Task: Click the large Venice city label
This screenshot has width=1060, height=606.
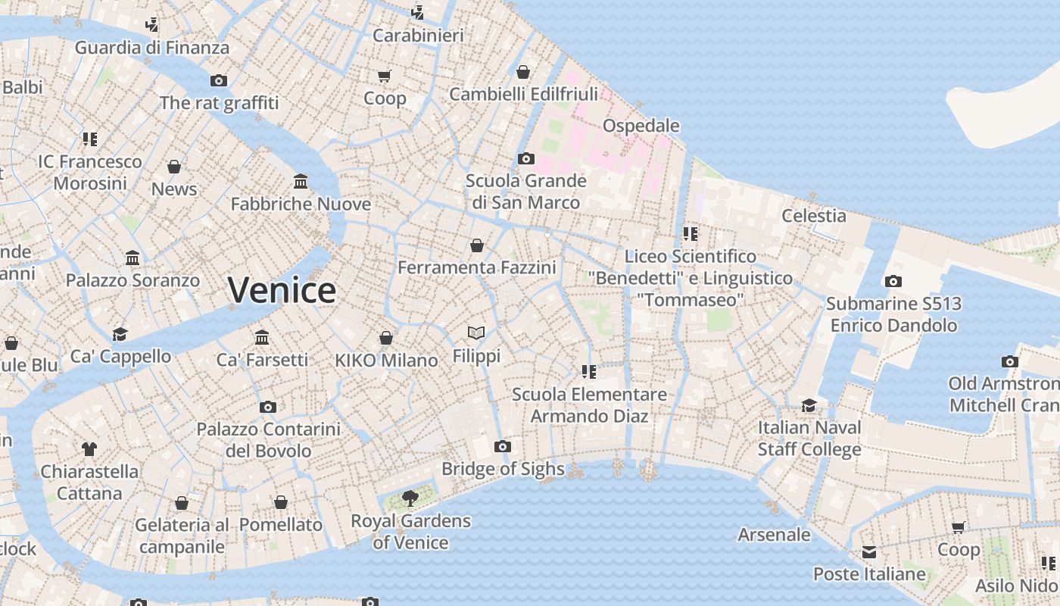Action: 282,290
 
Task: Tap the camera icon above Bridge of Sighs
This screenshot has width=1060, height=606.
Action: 502,446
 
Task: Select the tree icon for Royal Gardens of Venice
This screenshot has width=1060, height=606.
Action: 410,498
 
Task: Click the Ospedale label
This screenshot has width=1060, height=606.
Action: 641,126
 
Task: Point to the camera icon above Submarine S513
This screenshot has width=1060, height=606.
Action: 893,282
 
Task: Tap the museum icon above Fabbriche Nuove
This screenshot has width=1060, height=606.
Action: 301,182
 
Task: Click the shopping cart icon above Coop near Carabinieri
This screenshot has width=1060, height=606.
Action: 384,76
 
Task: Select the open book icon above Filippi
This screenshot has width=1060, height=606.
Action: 476,333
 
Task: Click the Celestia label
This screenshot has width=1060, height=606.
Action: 814,216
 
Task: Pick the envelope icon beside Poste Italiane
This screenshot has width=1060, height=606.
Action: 868,551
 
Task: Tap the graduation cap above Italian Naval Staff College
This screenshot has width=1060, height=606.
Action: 809,405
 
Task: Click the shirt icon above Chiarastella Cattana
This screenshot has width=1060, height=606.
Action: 89,449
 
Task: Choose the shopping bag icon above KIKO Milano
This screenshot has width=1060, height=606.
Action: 386,338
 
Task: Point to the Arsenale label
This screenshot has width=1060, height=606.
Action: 774,535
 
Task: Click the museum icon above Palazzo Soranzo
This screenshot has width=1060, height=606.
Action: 133,258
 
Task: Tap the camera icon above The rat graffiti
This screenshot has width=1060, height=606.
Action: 219,81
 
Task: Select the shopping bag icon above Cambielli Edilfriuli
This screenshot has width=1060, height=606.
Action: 522,72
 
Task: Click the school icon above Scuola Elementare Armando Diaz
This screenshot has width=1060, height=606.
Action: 588,371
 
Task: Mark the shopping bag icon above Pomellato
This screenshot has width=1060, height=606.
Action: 281,502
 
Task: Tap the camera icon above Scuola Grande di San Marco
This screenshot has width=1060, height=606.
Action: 525,159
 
